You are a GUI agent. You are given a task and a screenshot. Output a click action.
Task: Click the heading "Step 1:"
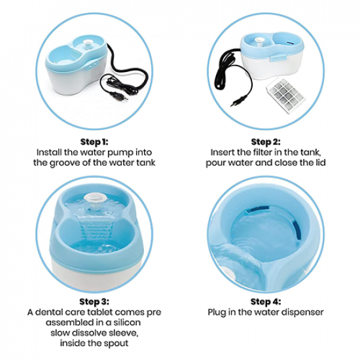pos(94,142)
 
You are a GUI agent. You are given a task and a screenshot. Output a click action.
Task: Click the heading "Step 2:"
pos(266,142)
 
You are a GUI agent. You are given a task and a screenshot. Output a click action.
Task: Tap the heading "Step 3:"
pos(94,302)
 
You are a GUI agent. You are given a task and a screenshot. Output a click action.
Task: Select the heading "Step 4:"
pos(266,302)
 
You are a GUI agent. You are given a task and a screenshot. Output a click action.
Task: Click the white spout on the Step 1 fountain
pos(88,45)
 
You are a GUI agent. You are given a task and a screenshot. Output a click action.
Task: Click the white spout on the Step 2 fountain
pos(259,43)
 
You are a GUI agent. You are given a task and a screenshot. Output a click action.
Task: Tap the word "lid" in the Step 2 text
pos(320,162)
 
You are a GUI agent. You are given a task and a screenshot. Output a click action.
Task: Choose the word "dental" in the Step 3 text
pos(48,312)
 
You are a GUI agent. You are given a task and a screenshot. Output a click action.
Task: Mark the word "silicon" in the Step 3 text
pos(126,322)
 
